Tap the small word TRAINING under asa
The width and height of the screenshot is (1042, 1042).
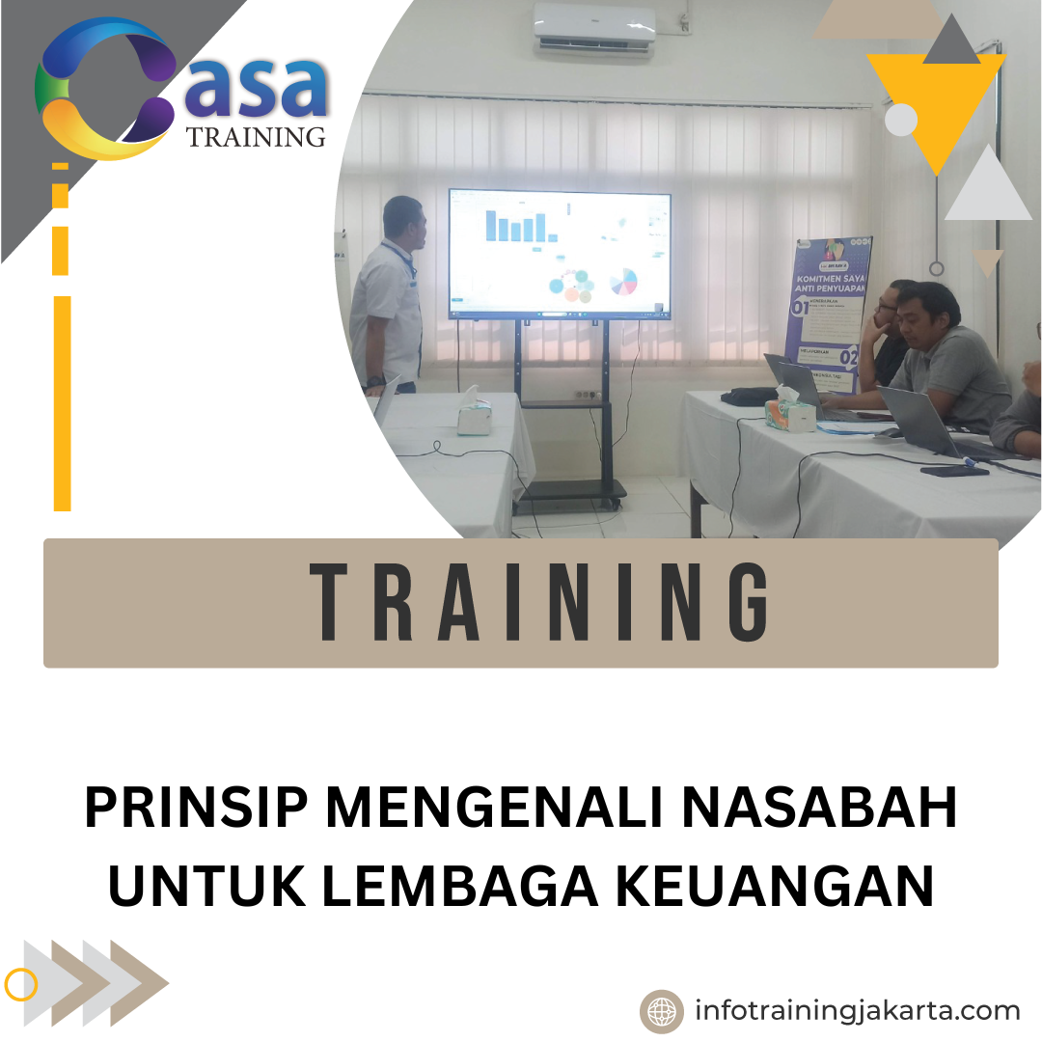tap(256, 137)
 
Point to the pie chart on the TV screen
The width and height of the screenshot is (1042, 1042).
tap(624, 282)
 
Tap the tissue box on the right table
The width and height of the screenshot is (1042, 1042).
tap(790, 409)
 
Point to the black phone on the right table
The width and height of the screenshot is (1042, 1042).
tap(954, 470)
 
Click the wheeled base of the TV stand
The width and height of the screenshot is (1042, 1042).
tap(569, 492)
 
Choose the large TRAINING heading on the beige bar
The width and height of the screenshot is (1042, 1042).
tap(540, 602)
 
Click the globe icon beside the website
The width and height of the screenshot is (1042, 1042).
tap(662, 1012)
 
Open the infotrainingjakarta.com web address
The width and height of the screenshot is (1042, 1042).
tap(857, 1011)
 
